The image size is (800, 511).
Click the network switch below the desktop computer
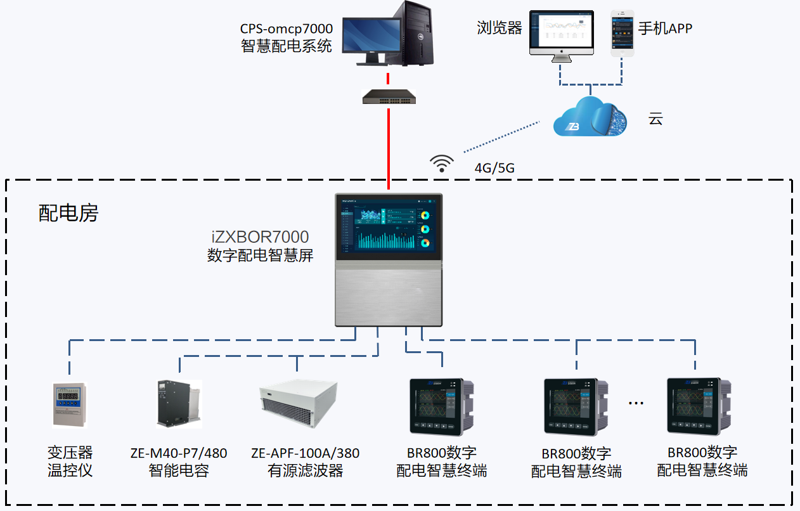(x=389, y=96)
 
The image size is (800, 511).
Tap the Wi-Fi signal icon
(x=442, y=164)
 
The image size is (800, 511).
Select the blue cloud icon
(x=590, y=117)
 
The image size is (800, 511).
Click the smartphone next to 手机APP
(x=622, y=33)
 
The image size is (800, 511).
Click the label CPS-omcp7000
(x=286, y=29)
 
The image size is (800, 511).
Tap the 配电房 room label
(x=68, y=214)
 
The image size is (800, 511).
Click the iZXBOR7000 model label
(x=260, y=237)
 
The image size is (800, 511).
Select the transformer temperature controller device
(x=69, y=404)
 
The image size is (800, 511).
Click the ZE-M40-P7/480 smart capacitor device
(x=177, y=404)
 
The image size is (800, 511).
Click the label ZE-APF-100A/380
(x=305, y=453)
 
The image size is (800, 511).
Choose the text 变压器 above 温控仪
(x=70, y=453)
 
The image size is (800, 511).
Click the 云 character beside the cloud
(x=655, y=119)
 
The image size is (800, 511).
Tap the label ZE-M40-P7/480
(x=178, y=453)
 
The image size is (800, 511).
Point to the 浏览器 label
(x=500, y=29)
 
